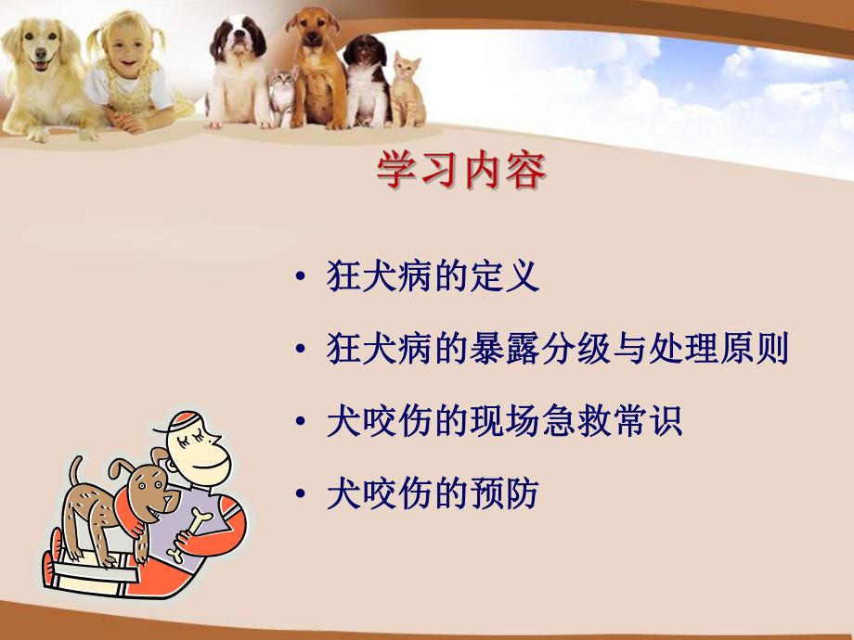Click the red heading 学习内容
click(460, 171)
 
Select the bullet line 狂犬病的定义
click(433, 277)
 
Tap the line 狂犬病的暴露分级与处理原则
click(557, 350)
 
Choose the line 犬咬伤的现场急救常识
click(504, 422)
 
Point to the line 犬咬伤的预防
click(433, 494)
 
